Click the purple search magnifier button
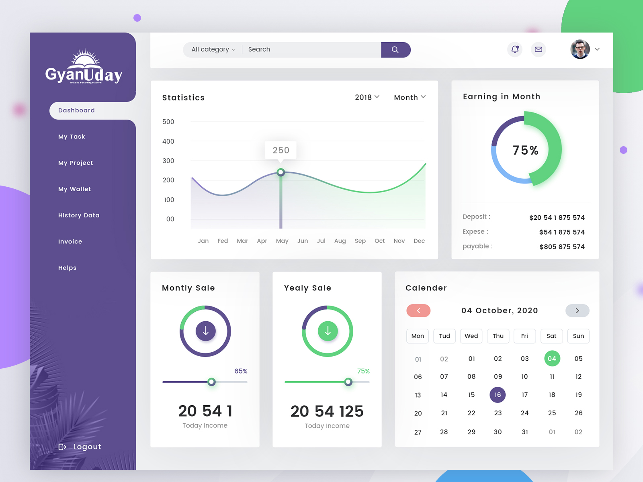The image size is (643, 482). click(395, 50)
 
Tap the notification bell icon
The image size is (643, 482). click(515, 49)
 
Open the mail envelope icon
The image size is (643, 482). click(539, 49)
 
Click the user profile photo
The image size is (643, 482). click(580, 49)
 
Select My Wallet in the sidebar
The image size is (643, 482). click(74, 189)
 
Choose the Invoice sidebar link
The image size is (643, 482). click(70, 241)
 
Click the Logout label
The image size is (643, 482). click(87, 447)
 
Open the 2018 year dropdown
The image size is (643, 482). click(367, 97)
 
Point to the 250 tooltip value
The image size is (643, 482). click(281, 150)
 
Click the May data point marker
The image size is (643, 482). click(281, 172)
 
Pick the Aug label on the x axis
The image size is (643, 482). click(340, 241)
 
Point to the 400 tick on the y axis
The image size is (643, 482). click(168, 141)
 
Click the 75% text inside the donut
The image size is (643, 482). click(525, 150)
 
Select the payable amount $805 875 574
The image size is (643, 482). click(562, 247)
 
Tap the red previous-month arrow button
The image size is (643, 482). click(418, 310)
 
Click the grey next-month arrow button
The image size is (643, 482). click(577, 310)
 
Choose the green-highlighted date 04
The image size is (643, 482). click(552, 358)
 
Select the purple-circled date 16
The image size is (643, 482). click(498, 395)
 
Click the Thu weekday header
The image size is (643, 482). click(498, 336)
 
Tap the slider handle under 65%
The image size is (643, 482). click(211, 382)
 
